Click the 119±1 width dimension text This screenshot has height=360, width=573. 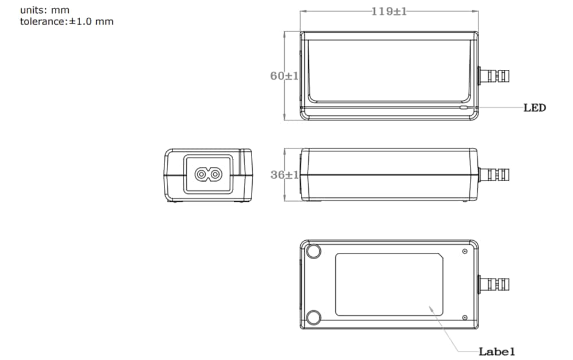(x=388, y=11)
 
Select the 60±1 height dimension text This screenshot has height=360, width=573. (x=284, y=76)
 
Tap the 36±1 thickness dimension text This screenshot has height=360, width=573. (x=284, y=175)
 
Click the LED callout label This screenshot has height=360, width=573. (x=534, y=107)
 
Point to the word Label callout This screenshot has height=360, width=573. (x=497, y=351)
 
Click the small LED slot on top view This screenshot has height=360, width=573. (x=464, y=107)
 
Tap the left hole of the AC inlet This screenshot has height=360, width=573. (x=201, y=174)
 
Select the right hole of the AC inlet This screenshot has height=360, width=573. (x=215, y=174)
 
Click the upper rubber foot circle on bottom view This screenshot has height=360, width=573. (x=314, y=252)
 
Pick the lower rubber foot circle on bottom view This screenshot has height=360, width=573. (x=314, y=316)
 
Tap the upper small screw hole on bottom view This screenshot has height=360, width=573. (x=465, y=251)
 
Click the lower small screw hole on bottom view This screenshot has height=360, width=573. (x=465, y=318)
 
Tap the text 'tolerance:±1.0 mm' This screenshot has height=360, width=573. (x=66, y=22)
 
